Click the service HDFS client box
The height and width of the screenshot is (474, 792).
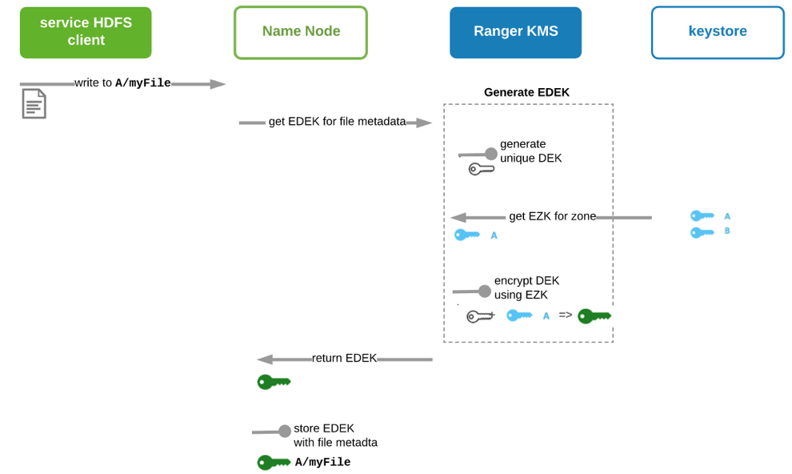pos(86,33)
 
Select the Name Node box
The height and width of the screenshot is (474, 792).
pos(300,33)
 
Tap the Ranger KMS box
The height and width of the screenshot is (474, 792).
pos(515,33)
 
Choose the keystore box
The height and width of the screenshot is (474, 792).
pos(717,33)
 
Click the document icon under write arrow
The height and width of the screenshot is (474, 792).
pos(34,104)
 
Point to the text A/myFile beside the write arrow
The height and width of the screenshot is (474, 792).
pos(143,83)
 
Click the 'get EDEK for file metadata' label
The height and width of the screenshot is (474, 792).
pos(337,122)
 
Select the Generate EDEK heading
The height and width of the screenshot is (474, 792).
pos(526,92)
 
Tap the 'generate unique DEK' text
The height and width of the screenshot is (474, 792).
pos(530,151)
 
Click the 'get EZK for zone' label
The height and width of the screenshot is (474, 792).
pos(552,216)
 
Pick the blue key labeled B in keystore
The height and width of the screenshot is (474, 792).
pos(702,232)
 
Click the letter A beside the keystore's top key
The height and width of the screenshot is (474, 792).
pos(727,216)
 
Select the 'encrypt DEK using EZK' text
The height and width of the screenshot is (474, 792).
pos(526,287)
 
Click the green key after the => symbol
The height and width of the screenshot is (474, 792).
pos(594,315)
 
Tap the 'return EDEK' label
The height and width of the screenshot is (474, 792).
pos(344,358)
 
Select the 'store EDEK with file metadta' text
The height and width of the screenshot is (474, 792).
pos(335,435)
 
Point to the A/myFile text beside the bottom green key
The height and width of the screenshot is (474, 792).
pos(322,462)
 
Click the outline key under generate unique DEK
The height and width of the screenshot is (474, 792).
pos(481,169)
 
